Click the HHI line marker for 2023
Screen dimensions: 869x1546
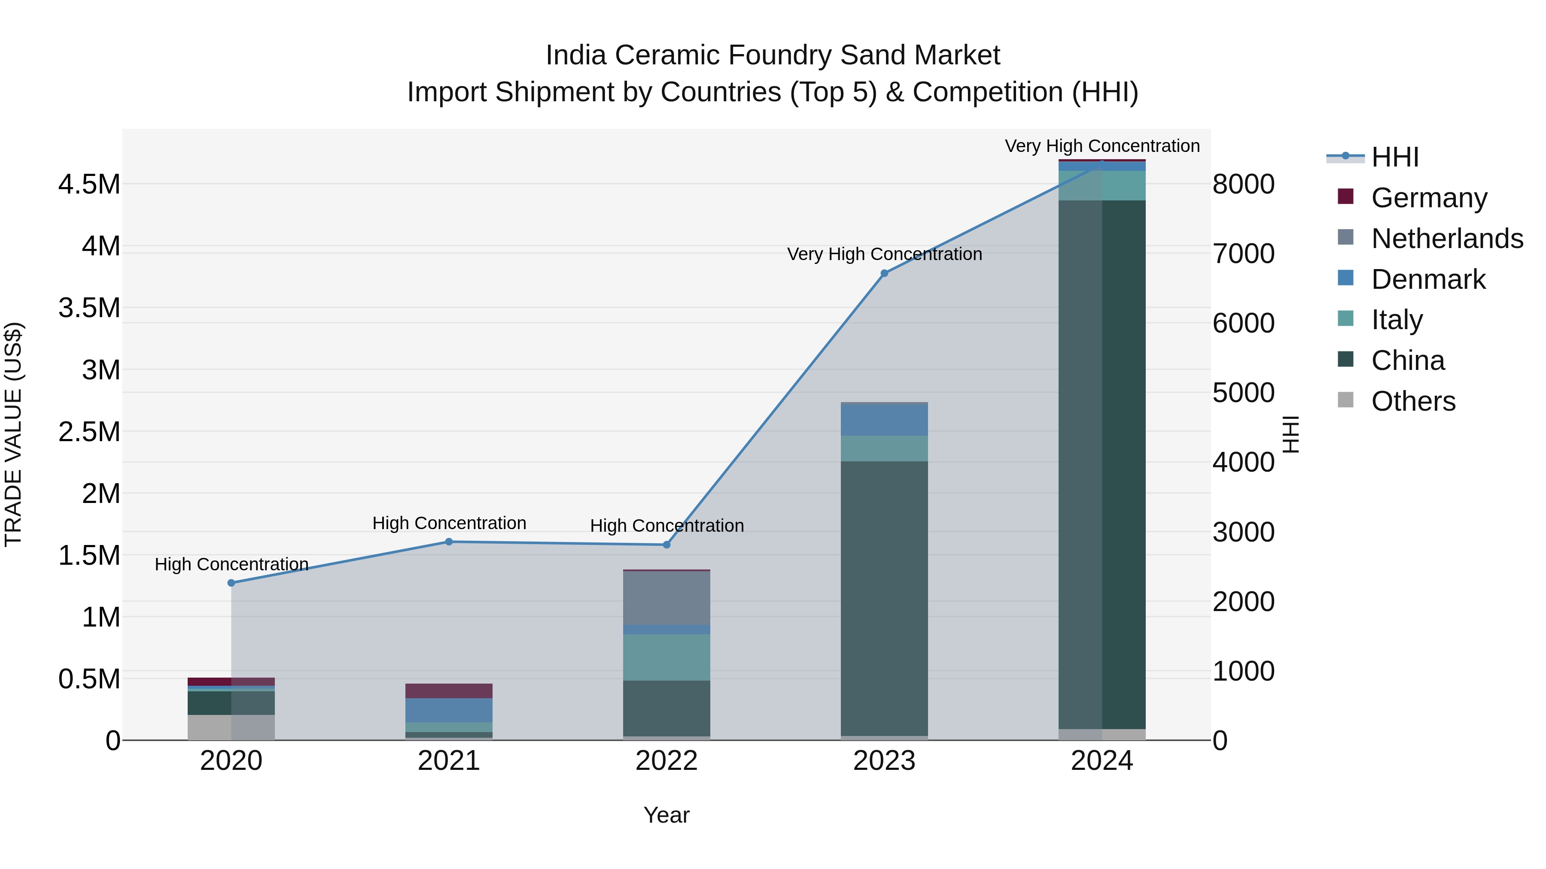(x=884, y=273)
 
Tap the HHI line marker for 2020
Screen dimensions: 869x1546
(x=231, y=583)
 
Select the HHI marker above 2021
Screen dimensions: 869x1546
(x=449, y=542)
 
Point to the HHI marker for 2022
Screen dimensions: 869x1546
(x=666, y=545)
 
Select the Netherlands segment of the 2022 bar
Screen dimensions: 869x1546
(x=666, y=598)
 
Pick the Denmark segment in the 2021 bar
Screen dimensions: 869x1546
(x=449, y=710)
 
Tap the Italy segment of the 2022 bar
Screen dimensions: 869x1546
(x=666, y=657)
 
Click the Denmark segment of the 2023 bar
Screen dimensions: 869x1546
(x=884, y=420)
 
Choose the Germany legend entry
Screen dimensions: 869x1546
(x=1428, y=198)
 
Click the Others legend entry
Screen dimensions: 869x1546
(x=1413, y=401)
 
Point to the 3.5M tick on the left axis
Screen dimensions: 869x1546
(x=89, y=308)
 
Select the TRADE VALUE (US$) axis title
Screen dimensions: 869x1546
(x=13, y=434)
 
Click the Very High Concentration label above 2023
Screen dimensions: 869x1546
(x=884, y=254)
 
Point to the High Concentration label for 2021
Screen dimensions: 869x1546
(x=449, y=523)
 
